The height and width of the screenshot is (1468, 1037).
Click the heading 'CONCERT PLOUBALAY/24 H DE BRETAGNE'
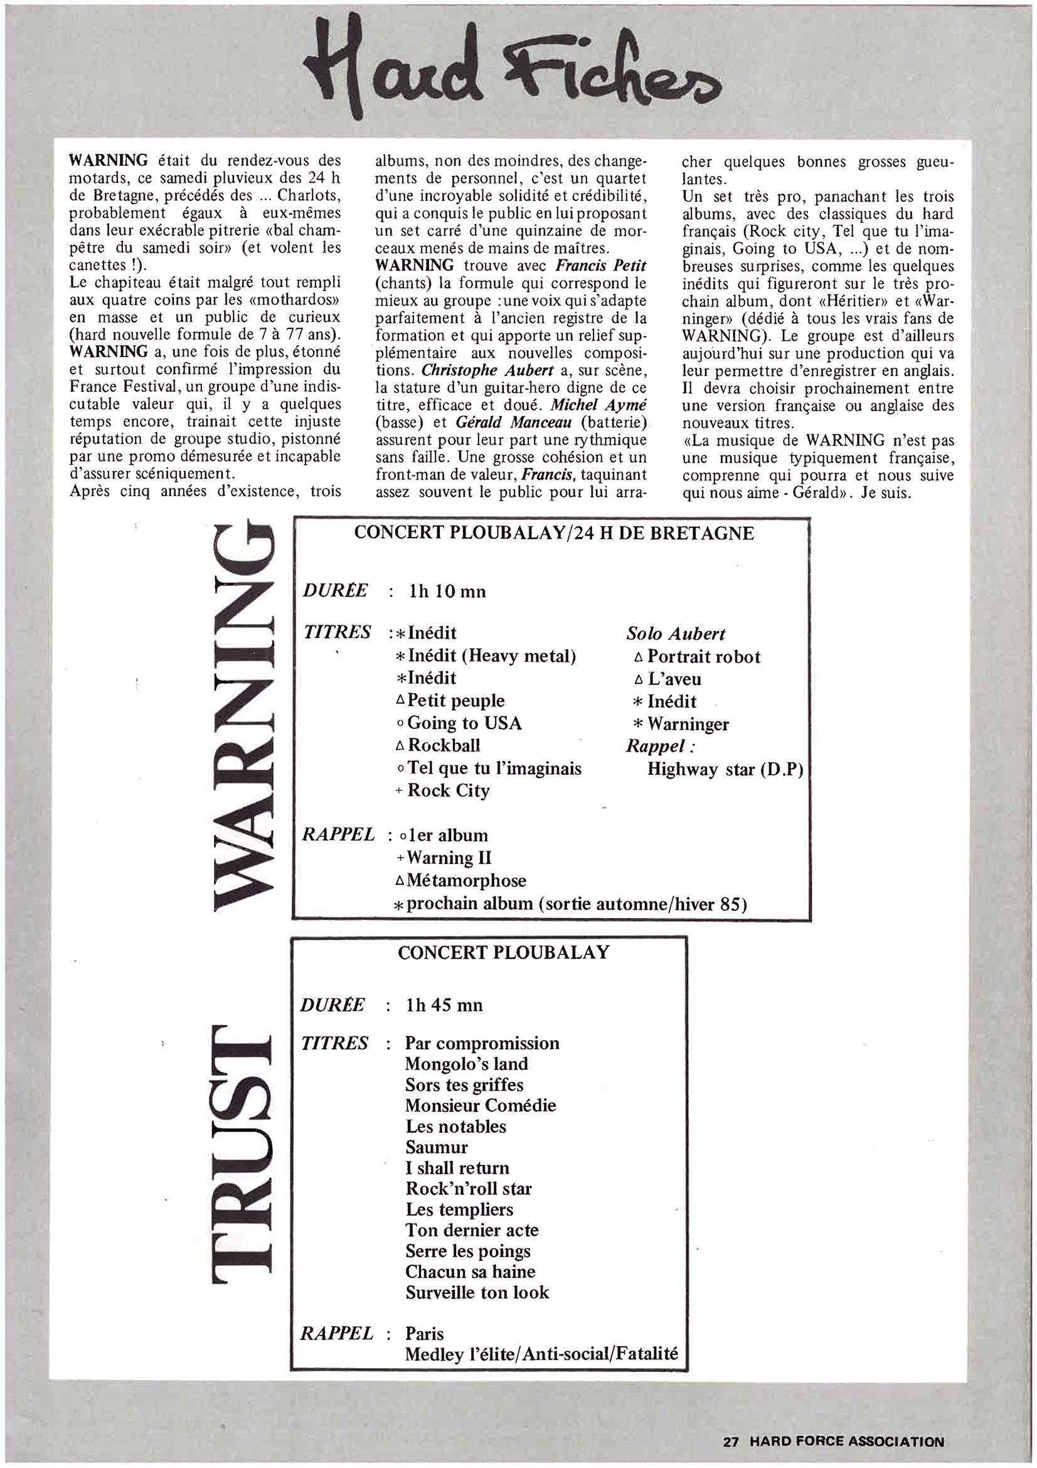(x=554, y=532)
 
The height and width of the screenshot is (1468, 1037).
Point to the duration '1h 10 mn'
(x=447, y=591)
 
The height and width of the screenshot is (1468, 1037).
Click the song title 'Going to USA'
(x=464, y=723)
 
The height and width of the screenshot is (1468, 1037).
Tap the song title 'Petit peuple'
(x=455, y=701)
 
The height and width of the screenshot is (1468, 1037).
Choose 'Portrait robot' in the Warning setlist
(x=703, y=657)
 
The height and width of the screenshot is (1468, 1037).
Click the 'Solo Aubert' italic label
(x=676, y=634)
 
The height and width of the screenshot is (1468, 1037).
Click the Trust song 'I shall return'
(x=457, y=1168)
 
